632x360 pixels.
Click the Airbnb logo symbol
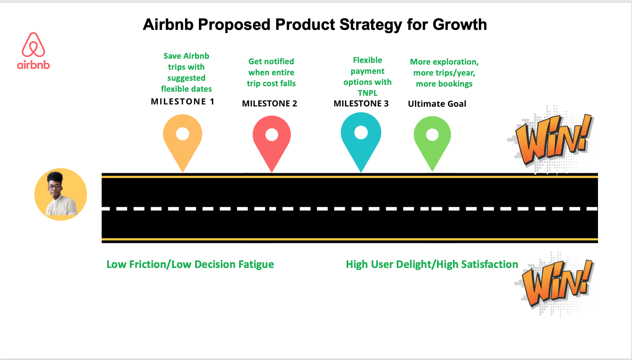(x=33, y=45)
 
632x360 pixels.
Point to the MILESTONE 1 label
(x=182, y=102)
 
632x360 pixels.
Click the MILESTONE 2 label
(x=269, y=103)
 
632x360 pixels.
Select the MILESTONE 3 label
(x=361, y=103)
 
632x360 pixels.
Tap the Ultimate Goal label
(x=437, y=104)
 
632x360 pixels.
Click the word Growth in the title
(x=460, y=25)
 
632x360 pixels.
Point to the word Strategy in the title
(x=371, y=25)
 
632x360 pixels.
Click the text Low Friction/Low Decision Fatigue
(x=190, y=264)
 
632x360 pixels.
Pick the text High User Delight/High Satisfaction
(x=432, y=264)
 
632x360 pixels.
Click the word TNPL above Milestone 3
(x=368, y=93)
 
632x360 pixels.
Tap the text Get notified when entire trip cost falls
(x=271, y=72)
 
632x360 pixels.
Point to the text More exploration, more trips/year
(x=444, y=67)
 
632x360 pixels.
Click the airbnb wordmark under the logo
(x=33, y=65)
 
